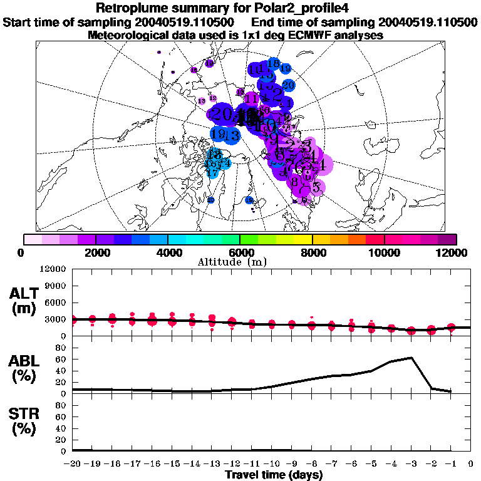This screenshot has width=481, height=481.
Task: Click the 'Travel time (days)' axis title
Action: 273,475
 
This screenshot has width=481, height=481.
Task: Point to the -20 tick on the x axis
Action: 71,464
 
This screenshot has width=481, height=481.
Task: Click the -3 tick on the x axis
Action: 411,464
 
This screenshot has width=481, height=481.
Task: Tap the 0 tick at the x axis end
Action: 471,464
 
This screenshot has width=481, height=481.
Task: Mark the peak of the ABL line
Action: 411,358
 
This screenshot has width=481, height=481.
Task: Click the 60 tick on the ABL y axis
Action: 61,359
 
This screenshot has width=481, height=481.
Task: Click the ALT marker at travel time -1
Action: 452,328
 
